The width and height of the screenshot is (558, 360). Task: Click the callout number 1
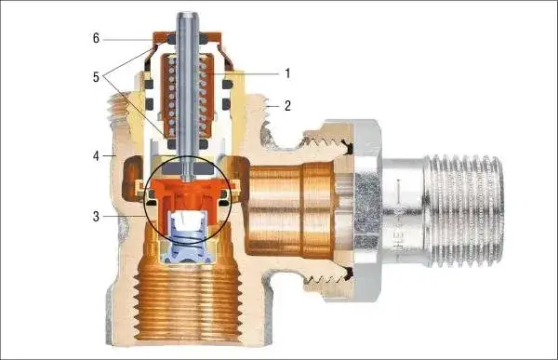point(287,73)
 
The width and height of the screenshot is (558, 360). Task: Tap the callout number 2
point(287,106)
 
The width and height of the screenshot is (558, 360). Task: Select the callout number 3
point(96,216)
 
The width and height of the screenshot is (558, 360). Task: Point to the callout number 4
point(96,155)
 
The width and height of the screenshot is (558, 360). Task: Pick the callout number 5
point(96,77)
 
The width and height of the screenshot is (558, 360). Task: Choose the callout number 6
point(96,38)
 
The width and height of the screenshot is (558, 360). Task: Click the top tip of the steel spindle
point(188,13)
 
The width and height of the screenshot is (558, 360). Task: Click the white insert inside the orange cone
point(187,220)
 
